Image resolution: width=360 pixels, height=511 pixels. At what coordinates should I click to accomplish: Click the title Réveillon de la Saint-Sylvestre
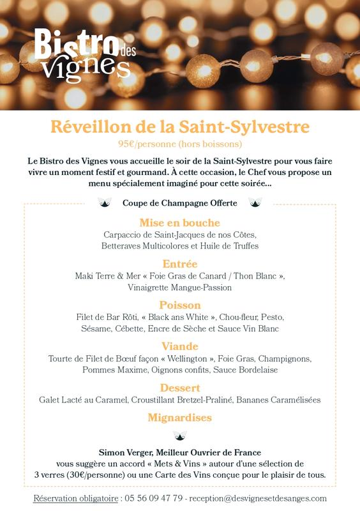coord(180,126)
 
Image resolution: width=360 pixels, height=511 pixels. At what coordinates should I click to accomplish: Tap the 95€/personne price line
coord(180,143)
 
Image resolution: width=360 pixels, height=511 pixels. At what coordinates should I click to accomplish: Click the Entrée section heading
coord(180,264)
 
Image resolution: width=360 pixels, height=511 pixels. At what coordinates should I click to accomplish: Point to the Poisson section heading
coord(180,305)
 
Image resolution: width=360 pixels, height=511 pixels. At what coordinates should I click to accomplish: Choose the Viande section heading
coord(180,346)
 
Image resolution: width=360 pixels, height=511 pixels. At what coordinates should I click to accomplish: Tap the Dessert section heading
coord(180,388)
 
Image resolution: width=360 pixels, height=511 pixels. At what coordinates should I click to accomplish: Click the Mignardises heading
coord(180,418)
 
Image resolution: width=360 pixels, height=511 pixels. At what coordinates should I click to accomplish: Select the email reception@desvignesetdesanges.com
coord(259,498)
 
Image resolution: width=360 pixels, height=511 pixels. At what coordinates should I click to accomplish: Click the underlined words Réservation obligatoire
coord(76,498)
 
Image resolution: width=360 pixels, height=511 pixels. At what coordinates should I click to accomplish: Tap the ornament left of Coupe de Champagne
coord(105,202)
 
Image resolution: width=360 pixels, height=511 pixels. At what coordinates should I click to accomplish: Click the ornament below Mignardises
coord(180,436)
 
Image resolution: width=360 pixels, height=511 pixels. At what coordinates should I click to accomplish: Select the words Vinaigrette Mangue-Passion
coord(180,287)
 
